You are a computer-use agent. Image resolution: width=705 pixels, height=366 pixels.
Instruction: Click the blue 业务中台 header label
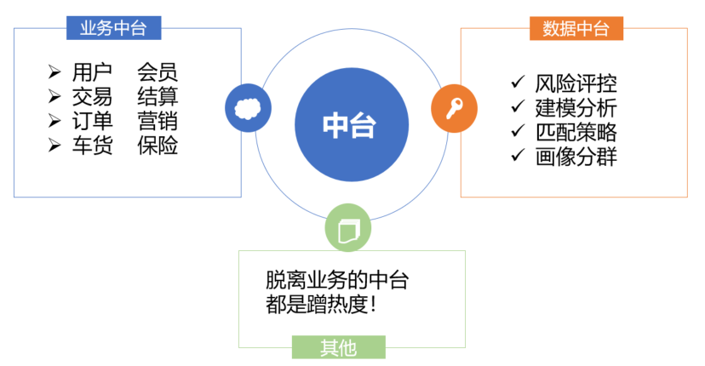click(114, 28)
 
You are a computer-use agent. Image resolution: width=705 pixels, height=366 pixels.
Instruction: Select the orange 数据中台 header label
click(576, 28)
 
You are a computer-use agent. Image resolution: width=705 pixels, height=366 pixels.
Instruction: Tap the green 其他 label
click(339, 347)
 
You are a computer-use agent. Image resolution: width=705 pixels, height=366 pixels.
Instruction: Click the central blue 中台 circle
click(352, 124)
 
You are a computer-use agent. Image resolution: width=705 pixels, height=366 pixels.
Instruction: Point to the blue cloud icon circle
click(248, 108)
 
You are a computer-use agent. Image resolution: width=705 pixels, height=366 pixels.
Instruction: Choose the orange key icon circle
click(454, 108)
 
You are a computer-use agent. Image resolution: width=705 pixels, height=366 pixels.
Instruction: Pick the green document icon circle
click(348, 227)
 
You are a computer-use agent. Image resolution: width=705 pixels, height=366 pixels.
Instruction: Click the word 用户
click(92, 72)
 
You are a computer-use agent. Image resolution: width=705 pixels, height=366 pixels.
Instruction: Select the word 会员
click(158, 72)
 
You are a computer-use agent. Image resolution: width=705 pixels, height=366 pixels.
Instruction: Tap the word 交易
click(92, 96)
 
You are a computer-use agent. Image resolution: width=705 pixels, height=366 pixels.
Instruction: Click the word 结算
click(158, 96)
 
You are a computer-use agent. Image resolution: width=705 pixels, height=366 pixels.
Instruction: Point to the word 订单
click(92, 121)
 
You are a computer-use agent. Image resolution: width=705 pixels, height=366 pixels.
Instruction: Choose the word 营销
click(158, 121)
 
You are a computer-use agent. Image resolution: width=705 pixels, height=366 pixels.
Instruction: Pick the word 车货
click(92, 146)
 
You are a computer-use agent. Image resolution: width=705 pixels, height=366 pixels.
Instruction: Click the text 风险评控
click(576, 83)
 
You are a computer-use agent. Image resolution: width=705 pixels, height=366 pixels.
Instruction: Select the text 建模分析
click(576, 108)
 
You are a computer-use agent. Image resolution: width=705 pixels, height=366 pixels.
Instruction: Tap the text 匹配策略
click(576, 132)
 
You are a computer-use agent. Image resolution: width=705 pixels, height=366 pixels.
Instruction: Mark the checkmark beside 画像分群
click(518, 155)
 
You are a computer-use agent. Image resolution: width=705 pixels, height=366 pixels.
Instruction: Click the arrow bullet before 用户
click(54, 72)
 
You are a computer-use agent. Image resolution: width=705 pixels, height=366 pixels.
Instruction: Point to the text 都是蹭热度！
click(322, 305)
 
